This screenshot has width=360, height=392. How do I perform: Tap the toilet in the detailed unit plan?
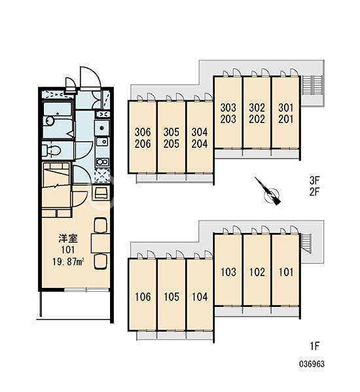coord(52,151)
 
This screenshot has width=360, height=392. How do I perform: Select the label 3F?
coord(315,180)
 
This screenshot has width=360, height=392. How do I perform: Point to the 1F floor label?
coord(315,346)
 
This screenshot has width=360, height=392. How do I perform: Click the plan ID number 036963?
coord(312,364)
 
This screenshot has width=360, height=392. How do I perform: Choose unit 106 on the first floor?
coord(143,294)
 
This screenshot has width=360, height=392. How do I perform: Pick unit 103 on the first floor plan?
coord(228,270)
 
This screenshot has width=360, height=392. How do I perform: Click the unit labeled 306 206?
coord(143,137)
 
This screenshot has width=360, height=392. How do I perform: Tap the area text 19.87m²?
coord(68,262)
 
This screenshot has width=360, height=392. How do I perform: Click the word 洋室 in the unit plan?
coord(68,238)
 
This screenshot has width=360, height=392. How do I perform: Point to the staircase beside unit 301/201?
coord(312,85)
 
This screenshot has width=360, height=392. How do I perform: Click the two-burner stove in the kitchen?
coord(102,162)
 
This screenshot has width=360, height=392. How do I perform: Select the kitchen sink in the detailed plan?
coord(102,142)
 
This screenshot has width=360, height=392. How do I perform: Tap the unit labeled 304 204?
coord(200,137)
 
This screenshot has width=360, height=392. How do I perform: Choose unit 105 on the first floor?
coord(171,294)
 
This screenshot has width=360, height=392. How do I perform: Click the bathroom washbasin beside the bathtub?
coord(50,121)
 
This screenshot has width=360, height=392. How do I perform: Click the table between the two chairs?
coord(100,243)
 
